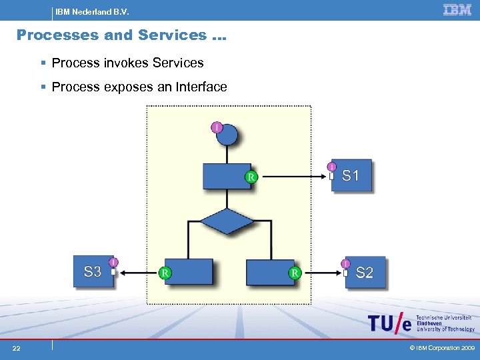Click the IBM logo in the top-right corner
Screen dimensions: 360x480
click(457, 9)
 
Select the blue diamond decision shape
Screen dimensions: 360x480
click(227, 221)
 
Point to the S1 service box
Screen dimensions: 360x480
click(352, 176)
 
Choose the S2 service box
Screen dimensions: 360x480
click(365, 273)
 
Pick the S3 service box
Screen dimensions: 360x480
click(93, 271)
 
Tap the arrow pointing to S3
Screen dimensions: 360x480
click(137, 272)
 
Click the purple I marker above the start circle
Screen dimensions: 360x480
click(217, 127)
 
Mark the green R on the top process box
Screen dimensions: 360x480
click(251, 177)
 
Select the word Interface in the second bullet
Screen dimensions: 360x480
click(201, 87)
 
